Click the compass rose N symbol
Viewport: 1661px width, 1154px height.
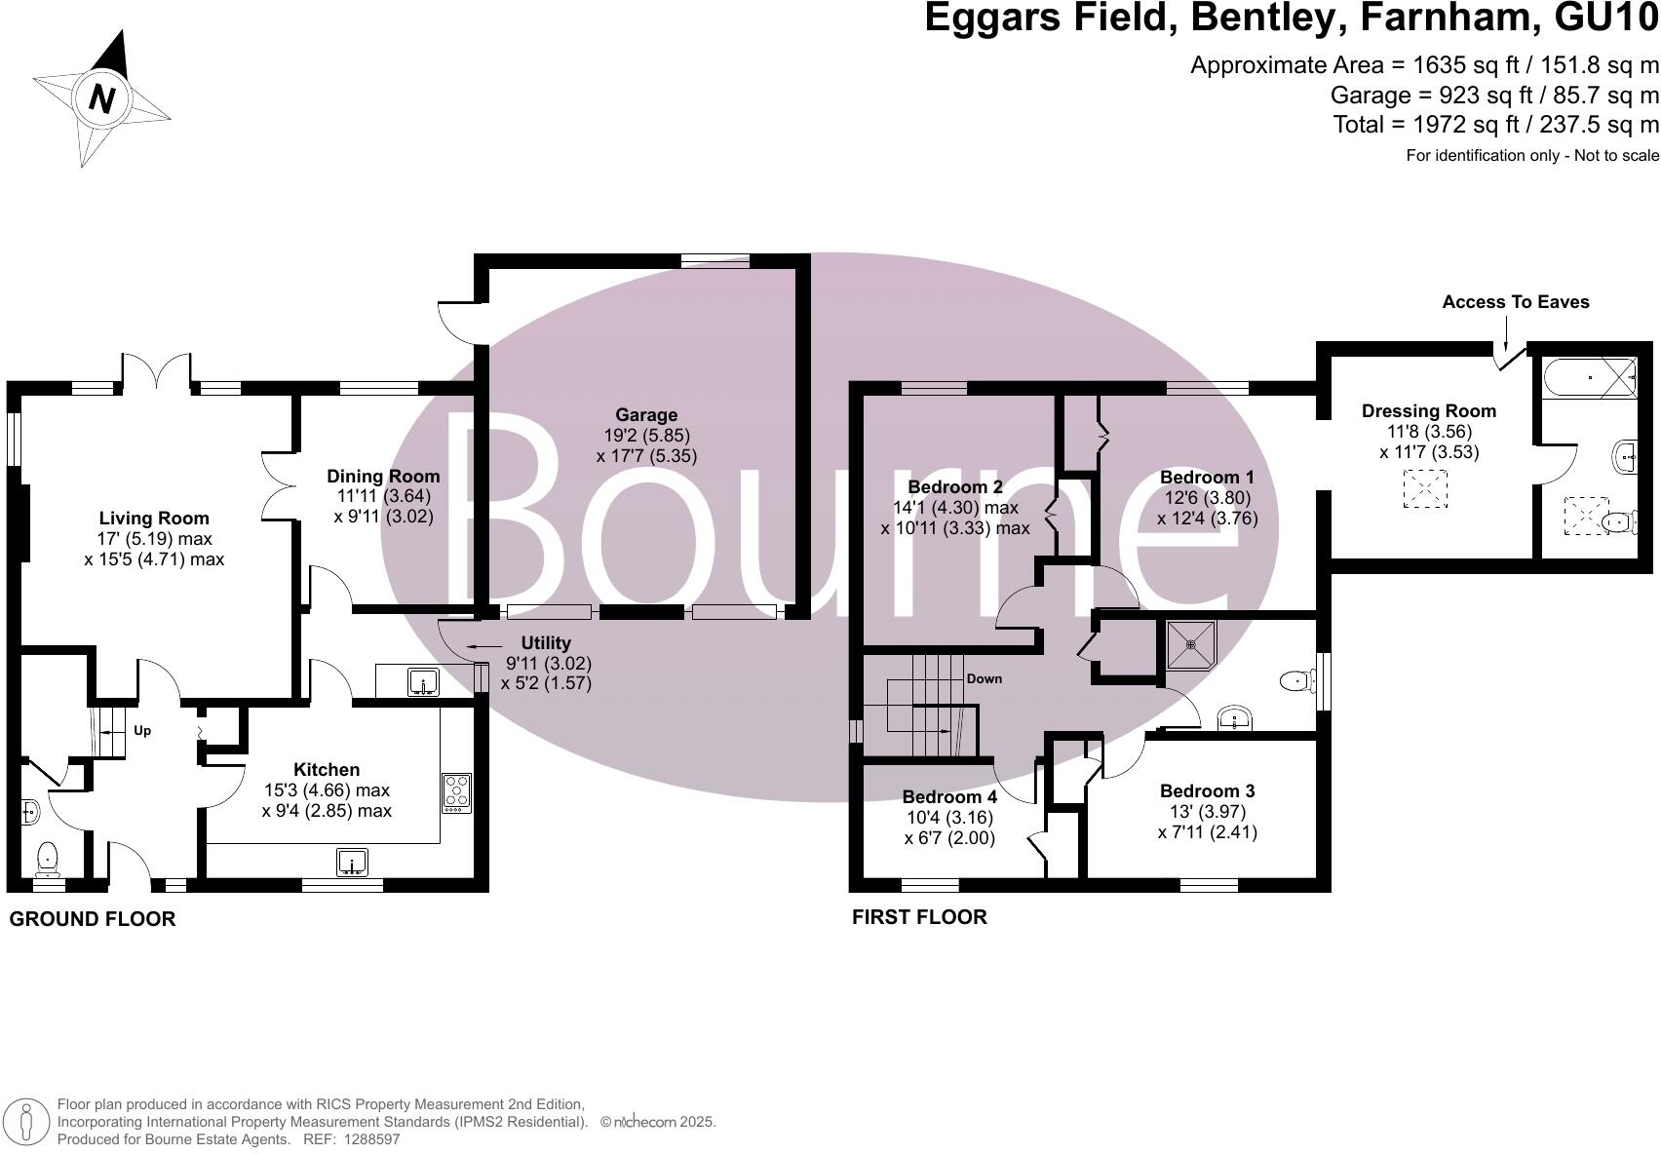tap(101, 97)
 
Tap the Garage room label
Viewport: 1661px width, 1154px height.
tap(645, 415)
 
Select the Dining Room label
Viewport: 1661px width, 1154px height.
tap(383, 477)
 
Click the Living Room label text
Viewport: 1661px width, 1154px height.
tap(154, 519)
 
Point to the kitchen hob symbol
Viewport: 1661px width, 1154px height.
tap(456, 792)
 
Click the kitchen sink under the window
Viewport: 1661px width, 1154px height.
tap(352, 862)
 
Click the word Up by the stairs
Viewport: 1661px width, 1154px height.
tap(142, 731)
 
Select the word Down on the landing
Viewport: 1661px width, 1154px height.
tap(984, 678)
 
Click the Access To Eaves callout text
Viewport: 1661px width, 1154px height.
tap(1515, 302)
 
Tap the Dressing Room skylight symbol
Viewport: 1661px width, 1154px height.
tap(1426, 488)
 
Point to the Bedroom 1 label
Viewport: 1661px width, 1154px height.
tap(1207, 478)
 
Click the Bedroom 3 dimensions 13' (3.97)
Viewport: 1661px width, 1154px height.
tap(1208, 812)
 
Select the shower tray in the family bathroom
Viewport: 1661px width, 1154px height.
tap(1191, 644)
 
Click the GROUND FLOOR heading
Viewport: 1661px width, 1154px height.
tap(93, 919)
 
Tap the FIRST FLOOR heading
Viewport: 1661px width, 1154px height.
tap(919, 917)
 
